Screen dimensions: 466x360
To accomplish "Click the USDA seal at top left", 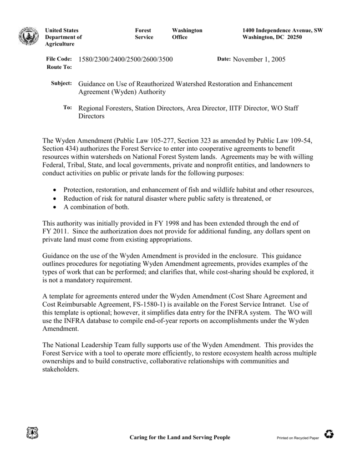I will pos(29,36).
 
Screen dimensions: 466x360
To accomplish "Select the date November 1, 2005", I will pos(259,60).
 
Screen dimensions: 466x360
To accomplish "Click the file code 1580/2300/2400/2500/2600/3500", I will pos(126,60).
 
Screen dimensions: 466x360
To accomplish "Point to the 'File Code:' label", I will pos(59,60).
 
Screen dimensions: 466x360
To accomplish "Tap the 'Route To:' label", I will pos(60,67).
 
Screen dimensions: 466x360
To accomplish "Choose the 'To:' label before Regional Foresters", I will pos(67,107).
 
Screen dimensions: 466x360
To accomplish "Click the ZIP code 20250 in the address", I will pos(294,37).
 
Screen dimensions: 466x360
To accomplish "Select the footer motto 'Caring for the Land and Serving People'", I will pos(180,437).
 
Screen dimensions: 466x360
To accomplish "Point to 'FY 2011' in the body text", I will pos(54,232).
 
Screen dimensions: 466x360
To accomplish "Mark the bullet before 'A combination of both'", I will pos(55,207).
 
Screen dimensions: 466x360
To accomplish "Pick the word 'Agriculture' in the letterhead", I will pos(60,44).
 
